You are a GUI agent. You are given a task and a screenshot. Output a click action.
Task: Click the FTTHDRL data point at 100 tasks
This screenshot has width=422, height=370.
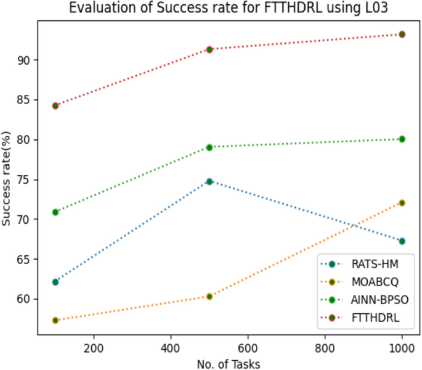[55, 105]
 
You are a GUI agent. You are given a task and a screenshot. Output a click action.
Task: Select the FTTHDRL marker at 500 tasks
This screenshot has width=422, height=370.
[209, 49]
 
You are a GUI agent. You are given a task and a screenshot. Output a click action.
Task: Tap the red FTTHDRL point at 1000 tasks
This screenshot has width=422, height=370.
[402, 35]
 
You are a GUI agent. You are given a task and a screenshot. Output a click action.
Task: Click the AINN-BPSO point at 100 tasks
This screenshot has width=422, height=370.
[55, 212]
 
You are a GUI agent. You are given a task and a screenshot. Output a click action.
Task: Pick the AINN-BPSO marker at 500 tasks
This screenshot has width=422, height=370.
[209, 147]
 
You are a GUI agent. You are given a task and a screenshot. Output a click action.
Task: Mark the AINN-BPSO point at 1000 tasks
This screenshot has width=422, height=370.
[402, 139]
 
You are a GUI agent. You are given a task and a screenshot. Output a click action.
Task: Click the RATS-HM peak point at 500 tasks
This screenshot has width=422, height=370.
[209, 181]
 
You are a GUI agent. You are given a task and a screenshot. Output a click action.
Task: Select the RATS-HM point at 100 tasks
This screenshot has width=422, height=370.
[55, 282]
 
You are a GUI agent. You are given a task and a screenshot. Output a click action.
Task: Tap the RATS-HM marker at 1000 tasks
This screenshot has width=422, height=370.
[402, 241]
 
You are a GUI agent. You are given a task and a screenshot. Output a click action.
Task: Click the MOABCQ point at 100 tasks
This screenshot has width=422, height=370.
[55, 320]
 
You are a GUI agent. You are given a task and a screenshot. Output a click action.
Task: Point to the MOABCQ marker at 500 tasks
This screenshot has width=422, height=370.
[209, 296]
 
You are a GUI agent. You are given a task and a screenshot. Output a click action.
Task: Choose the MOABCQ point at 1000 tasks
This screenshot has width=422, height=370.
[402, 202]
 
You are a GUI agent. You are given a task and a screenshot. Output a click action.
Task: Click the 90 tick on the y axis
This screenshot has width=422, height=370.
[23, 60]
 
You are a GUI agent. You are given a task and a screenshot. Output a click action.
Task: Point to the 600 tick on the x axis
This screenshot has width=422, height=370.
[248, 347]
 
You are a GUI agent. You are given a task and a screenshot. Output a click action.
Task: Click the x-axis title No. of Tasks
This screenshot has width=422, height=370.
[229, 363]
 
